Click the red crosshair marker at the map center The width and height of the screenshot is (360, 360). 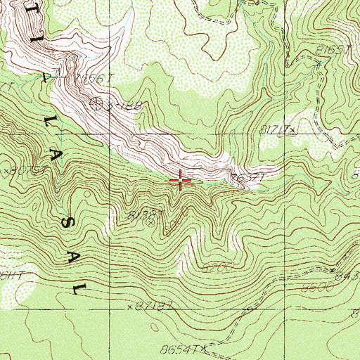tap(181, 181)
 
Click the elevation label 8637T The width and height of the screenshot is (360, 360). tap(248, 177)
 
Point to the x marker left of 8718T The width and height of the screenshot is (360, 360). tap(131, 307)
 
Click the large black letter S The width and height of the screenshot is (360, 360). tap(69, 224)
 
